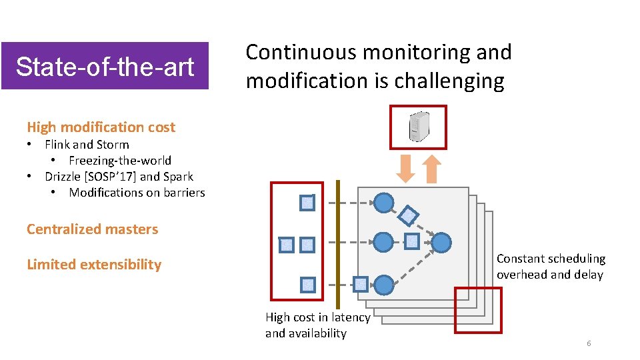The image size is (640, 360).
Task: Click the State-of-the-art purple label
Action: point(105,66)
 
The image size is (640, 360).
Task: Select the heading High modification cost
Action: point(101,127)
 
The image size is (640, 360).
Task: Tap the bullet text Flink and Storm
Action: point(87,145)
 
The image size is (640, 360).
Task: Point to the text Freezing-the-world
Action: point(120,161)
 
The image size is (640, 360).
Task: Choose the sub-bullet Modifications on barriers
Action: point(137,193)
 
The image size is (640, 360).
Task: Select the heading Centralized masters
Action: point(92,229)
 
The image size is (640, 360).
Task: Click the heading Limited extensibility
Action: point(94,265)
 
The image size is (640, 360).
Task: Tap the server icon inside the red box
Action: point(418,127)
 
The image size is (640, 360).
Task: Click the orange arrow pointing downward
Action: point(406,169)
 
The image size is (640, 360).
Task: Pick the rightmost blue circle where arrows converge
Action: point(441,243)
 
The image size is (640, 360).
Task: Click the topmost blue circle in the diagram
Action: point(383,202)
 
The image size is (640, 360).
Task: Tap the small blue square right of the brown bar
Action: point(360,285)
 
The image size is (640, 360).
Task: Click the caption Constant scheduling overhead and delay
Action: point(551,267)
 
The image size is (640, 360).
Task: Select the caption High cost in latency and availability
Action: point(317,325)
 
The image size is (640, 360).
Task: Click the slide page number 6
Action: point(589,343)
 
